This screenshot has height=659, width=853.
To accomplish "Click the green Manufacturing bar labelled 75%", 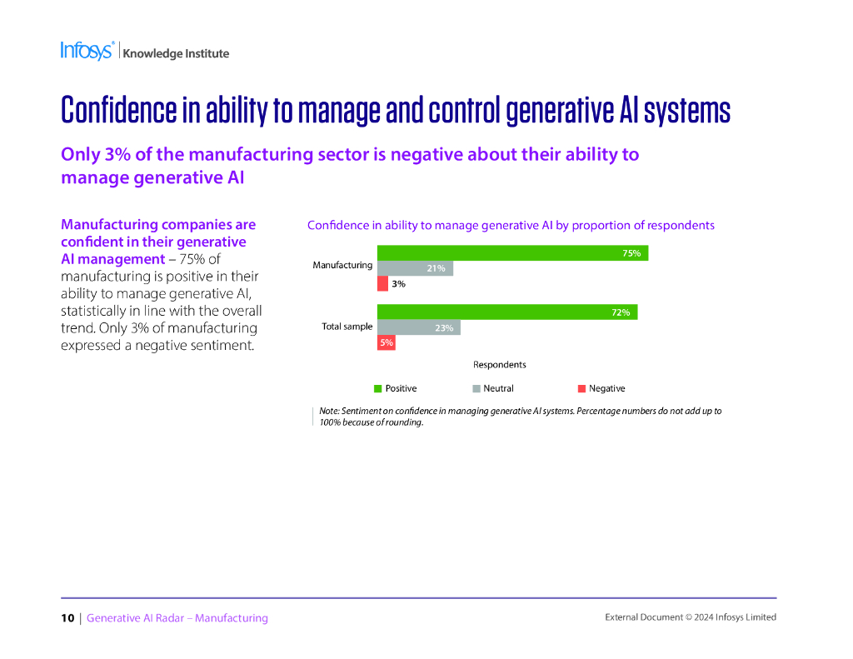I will coord(512,253).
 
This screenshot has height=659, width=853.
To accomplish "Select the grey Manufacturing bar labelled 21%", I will coord(415,268).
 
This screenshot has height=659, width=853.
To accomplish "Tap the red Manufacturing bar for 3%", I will coord(382,284).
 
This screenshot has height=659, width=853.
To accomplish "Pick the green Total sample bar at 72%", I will coord(507,312).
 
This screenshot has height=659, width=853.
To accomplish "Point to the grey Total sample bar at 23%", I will coord(418,327).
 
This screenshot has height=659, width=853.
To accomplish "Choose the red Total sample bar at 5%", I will coord(386,342).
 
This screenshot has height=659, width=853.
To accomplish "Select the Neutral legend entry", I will coord(493,388).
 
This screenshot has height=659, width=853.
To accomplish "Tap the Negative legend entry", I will coord(601,388).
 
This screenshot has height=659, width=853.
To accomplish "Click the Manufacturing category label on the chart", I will coord(342,265).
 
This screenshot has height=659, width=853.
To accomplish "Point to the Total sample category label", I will coord(347,327).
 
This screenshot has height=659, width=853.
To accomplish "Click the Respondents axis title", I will coord(499,364).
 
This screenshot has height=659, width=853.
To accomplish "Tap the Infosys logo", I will coord(87,51).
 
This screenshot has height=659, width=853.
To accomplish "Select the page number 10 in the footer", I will coord(67,618).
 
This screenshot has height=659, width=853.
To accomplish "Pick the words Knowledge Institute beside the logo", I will coord(176,53).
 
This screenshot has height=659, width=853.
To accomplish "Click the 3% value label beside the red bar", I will coord(398,284).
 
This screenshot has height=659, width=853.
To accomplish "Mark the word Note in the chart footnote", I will coord(329,412).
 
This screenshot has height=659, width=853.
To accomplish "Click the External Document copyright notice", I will coord(690,617).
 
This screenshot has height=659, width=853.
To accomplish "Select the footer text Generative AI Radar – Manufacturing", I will coord(177,618).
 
